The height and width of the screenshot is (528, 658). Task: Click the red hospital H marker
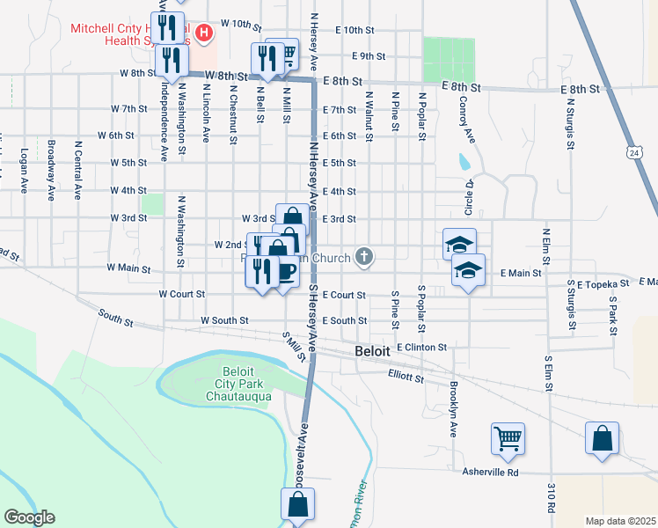point(204,34)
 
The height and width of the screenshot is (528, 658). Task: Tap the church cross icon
point(364,257)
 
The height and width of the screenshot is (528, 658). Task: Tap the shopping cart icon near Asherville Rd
point(508,437)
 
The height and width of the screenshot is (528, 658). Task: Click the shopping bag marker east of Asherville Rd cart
point(603,437)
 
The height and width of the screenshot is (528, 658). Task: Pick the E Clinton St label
point(422,348)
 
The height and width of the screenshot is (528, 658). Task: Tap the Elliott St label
point(406,377)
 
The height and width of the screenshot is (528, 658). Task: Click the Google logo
point(29,517)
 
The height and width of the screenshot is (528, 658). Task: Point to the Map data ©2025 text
point(620,521)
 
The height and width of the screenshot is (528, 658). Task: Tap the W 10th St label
point(242,24)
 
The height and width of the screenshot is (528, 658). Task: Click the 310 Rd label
point(552,498)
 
